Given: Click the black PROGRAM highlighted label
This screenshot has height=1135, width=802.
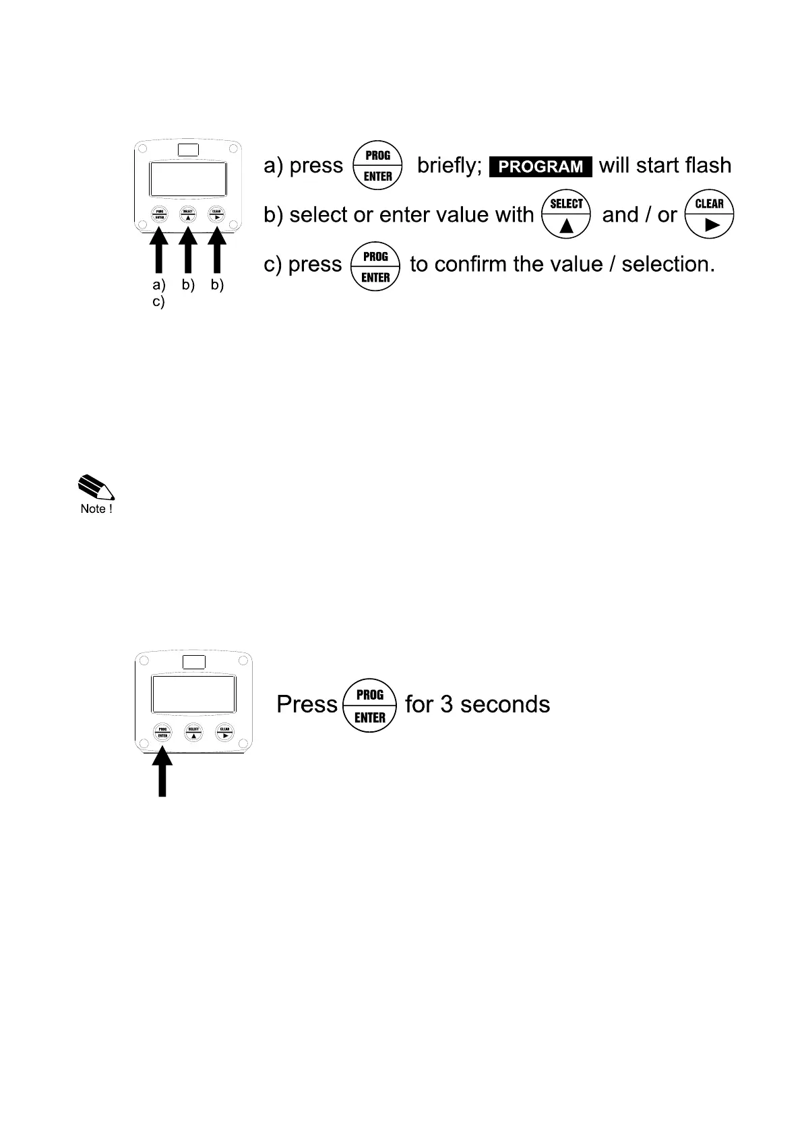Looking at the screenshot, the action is [541, 166].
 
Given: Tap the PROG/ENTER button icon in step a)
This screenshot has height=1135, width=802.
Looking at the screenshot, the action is [377, 166].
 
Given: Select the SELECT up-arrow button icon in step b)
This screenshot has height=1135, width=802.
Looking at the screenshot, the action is [566, 215].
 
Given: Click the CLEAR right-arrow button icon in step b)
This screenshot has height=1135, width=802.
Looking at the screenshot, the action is [709, 215].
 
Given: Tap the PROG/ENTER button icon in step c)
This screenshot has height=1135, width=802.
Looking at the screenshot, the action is [375, 266].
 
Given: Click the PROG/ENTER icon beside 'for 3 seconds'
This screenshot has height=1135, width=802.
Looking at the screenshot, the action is [370, 706].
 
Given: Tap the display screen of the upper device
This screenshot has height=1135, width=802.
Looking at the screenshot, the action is [188, 179].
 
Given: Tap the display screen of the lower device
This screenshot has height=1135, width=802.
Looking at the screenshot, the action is [193, 694].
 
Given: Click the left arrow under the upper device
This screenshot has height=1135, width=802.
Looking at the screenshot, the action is [159, 251].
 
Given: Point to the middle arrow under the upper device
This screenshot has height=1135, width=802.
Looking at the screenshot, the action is [188, 251].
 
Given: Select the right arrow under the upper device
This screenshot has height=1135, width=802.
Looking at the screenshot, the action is [217, 251].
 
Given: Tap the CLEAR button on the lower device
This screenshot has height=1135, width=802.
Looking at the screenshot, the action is [224, 732].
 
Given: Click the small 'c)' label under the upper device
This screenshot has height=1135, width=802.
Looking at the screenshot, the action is [158, 302].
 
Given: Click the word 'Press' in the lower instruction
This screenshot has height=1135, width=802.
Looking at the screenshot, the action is [307, 705].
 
